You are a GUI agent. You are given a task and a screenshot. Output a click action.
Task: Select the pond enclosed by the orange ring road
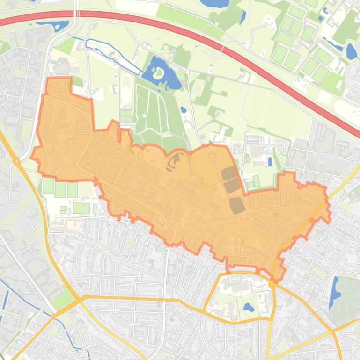tap(248, 308)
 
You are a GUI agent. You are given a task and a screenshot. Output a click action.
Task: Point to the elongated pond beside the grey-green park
tap(335, 289)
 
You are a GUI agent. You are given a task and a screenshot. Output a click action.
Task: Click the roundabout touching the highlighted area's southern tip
tap(272, 284)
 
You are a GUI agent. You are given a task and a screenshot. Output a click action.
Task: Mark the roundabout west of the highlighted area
tap(17, 161)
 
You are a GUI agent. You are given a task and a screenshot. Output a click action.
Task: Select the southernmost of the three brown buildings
tap(236, 205)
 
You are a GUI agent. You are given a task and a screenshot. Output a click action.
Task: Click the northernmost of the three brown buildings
tap(229, 173)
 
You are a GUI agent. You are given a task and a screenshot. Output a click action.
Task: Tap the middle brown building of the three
tap(233, 186)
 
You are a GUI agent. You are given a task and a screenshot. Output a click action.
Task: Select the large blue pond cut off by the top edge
tap(214, 4)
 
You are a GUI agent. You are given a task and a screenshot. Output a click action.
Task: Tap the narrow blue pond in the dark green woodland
tap(242, 17)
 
